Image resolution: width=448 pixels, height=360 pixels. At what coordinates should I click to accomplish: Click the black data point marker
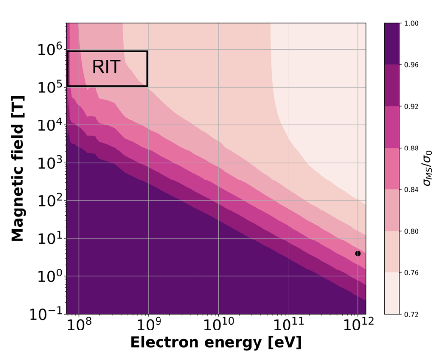358,254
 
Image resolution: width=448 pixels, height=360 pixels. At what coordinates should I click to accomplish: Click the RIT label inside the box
106,67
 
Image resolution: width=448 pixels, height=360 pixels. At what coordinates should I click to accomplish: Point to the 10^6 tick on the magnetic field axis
50,49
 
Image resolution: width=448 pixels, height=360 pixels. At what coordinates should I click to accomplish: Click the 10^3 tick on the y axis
50,163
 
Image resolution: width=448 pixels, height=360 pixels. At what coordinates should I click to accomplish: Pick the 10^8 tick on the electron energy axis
79,325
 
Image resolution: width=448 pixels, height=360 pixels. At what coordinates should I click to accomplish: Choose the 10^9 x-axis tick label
148,325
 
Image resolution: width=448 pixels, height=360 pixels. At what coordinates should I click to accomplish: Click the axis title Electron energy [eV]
216,343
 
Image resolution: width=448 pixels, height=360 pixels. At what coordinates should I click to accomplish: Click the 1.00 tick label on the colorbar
412,23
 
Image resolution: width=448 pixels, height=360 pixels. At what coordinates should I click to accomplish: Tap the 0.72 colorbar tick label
412,314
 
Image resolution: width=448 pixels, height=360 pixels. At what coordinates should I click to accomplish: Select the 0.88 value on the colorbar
412,148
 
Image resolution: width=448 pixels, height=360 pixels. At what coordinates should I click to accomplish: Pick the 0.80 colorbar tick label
412,231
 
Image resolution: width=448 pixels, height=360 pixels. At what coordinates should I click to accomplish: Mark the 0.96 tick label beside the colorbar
412,64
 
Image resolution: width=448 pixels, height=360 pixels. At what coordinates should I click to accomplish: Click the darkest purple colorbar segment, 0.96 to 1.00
394,44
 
